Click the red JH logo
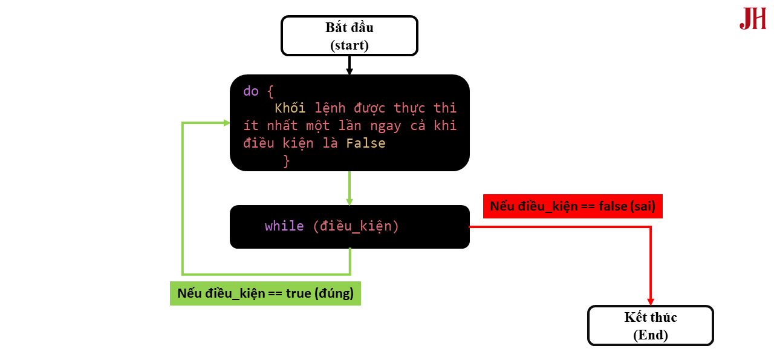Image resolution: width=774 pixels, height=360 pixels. tap(753, 19)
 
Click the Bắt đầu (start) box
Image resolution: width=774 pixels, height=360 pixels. tap(350, 36)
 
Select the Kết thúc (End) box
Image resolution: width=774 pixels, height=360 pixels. tap(651, 326)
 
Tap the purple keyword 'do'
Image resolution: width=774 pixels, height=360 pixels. tap(251, 91)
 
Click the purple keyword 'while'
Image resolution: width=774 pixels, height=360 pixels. tap(284, 226)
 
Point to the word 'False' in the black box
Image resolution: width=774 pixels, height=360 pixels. tap(366, 143)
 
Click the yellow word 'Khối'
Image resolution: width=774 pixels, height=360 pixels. tap(290, 108)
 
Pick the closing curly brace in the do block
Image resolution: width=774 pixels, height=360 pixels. tap(287, 161)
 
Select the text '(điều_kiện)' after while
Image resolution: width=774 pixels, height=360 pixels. tap(356, 226)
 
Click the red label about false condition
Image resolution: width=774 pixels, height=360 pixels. tap(573, 206)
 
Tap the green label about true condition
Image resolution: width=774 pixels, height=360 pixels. tap(265, 293)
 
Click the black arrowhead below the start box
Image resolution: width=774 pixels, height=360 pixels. tap(350, 71)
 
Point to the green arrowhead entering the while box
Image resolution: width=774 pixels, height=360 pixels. tap(350, 201)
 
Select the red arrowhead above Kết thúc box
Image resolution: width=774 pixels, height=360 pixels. tap(651, 301)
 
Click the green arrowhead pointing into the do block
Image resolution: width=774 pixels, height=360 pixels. tap(227, 123)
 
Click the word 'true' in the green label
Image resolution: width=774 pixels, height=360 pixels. tap(299, 293)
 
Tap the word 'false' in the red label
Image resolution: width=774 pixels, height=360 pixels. tap(613, 206)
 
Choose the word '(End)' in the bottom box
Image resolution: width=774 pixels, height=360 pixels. tap(651, 335)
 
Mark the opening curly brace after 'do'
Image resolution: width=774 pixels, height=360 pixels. tap(270, 91)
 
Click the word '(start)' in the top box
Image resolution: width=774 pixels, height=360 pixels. tap(350, 45)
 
